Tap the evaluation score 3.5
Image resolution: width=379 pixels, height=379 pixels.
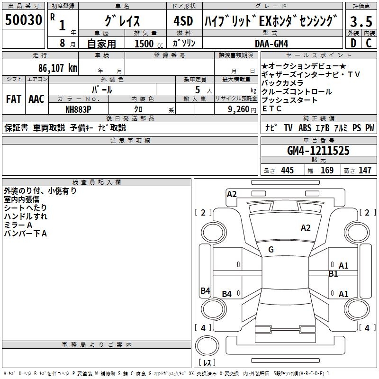click(x=360, y=21)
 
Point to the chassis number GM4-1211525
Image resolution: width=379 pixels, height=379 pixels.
click(x=318, y=151)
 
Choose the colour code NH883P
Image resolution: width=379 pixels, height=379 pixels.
click(x=78, y=109)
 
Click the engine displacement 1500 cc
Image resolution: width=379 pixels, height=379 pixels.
click(x=147, y=44)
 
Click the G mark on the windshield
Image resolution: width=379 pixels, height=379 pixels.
click(x=271, y=250)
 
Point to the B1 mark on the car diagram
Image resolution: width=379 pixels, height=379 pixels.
click(x=334, y=273)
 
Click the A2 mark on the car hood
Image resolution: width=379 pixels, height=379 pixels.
click(x=306, y=228)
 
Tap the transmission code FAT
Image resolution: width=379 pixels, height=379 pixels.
click(x=13, y=99)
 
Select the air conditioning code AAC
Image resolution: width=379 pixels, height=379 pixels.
click(x=36, y=99)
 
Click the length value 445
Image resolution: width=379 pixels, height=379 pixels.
click(x=287, y=170)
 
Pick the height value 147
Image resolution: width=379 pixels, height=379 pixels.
click(x=365, y=170)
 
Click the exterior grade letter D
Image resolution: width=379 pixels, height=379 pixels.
click(x=352, y=43)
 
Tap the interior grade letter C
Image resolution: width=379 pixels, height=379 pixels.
click(x=369, y=43)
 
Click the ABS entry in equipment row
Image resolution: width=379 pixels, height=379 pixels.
click(x=305, y=128)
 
